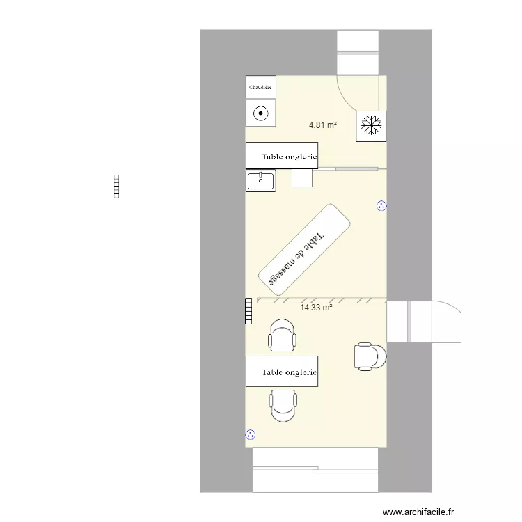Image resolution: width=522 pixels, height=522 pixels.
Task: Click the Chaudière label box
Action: click(x=261, y=87)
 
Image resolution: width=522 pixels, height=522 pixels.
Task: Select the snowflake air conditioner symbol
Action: click(x=371, y=126)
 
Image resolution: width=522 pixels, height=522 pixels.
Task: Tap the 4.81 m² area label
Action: click(x=323, y=126)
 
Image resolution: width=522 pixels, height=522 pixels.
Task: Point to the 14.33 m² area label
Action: click(x=316, y=307)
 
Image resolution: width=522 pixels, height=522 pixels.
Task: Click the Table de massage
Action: click(x=304, y=248)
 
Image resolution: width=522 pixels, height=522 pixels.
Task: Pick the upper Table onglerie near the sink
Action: click(x=282, y=156)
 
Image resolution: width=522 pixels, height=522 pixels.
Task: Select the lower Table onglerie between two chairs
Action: click(x=282, y=372)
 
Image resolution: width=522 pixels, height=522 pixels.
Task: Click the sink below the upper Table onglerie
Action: click(x=261, y=181)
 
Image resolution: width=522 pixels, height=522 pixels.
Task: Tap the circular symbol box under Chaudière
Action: click(x=261, y=113)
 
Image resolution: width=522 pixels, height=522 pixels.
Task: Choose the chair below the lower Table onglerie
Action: click(x=283, y=406)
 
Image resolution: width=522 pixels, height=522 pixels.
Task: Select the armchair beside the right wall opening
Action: click(x=370, y=356)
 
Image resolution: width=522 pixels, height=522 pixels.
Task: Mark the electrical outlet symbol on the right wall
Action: click(x=381, y=205)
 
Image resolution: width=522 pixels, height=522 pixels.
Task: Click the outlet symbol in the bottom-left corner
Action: click(x=251, y=435)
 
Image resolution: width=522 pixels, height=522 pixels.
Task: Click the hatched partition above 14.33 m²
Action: click(x=321, y=300)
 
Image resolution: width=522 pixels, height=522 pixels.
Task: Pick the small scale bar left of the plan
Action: click(x=117, y=186)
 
